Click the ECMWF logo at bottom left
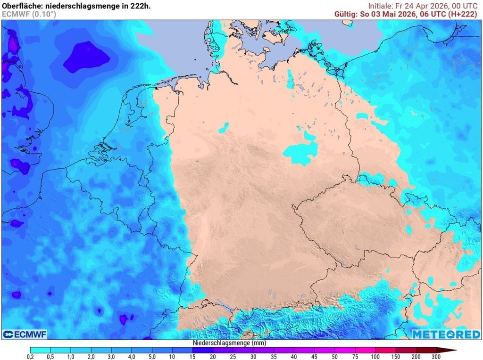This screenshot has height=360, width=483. tap(25, 334)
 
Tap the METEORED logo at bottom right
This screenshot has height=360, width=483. tap(446, 334)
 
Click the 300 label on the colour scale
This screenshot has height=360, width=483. tap(436, 356)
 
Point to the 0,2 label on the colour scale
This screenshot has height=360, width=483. tap(30, 356)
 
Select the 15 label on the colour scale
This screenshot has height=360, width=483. tap(192, 356)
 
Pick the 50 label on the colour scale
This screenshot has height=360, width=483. tap(334, 356)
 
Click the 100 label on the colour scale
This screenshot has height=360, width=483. tap(375, 356)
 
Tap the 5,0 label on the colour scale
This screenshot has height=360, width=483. tap(152, 356)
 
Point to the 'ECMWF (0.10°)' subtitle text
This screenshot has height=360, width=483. tap(29, 14)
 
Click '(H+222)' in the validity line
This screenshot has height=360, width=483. tap(462, 14)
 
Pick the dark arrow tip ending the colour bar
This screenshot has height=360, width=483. tap(451, 350)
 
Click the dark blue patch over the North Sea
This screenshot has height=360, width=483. tap(87, 57)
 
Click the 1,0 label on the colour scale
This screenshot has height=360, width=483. tap(71, 356)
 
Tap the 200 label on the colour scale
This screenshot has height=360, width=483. tap(416, 356)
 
